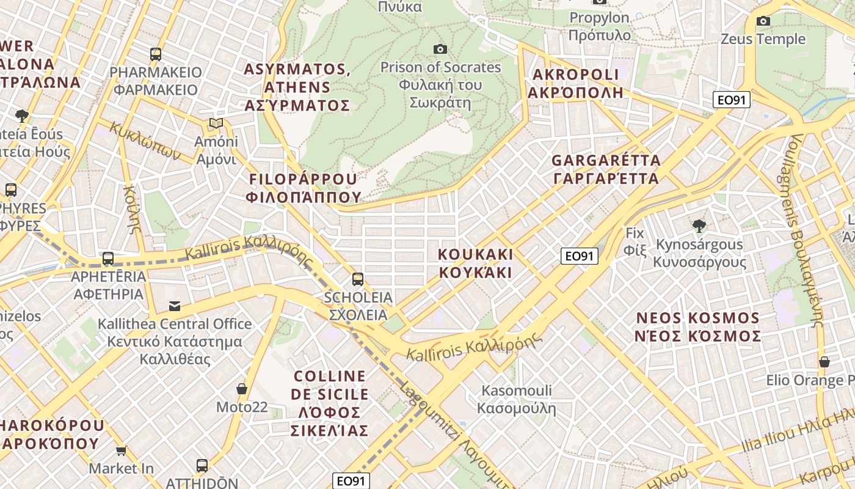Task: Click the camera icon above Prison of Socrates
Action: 440,49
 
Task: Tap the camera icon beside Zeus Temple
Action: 763,21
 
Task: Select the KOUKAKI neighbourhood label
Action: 476,263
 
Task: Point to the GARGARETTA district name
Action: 605,169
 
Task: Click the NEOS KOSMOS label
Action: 698,327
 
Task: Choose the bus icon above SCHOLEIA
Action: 358,279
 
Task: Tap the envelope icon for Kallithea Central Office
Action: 175,306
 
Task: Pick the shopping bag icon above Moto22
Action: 242,389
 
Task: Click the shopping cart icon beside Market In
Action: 122,451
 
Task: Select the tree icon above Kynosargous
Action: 699,226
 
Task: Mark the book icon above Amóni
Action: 216,123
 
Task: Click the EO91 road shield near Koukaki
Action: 579,256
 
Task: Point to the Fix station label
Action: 635,241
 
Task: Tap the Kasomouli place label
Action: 517,399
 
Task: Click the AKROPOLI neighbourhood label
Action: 575,84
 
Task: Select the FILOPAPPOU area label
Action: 304,188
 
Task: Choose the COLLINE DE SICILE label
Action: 330,403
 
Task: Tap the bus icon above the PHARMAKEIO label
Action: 156,54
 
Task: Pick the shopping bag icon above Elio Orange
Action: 824,362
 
